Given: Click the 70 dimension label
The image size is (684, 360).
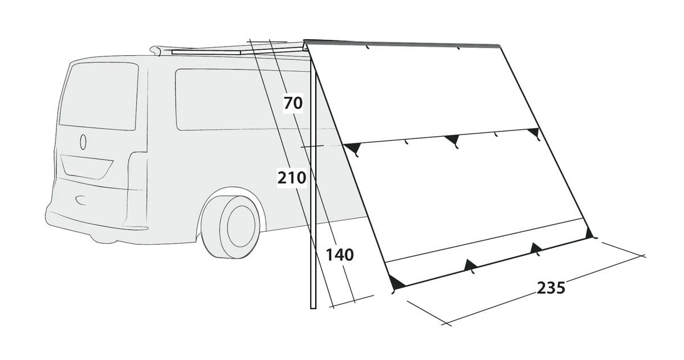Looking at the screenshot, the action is [x=293, y=103].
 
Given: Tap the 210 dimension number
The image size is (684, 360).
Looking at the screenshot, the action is [x=292, y=178].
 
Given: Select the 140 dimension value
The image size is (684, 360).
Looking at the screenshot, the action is [x=340, y=255].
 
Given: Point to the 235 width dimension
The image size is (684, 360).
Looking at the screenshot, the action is [x=551, y=288].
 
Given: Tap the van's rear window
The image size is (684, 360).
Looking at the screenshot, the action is [x=99, y=96].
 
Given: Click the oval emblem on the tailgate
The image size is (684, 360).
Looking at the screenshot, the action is [x=83, y=142].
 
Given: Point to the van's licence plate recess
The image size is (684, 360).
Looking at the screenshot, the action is [x=87, y=166].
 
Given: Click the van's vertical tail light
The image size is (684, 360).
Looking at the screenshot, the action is [x=137, y=189].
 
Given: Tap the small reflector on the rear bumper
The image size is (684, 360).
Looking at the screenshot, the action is [x=81, y=200].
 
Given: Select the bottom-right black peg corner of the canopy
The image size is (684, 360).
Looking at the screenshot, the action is [x=589, y=234].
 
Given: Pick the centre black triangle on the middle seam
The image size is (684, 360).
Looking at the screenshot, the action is [x=453, y=140].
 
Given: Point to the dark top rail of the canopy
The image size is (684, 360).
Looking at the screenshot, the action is [x=402, y=43].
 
